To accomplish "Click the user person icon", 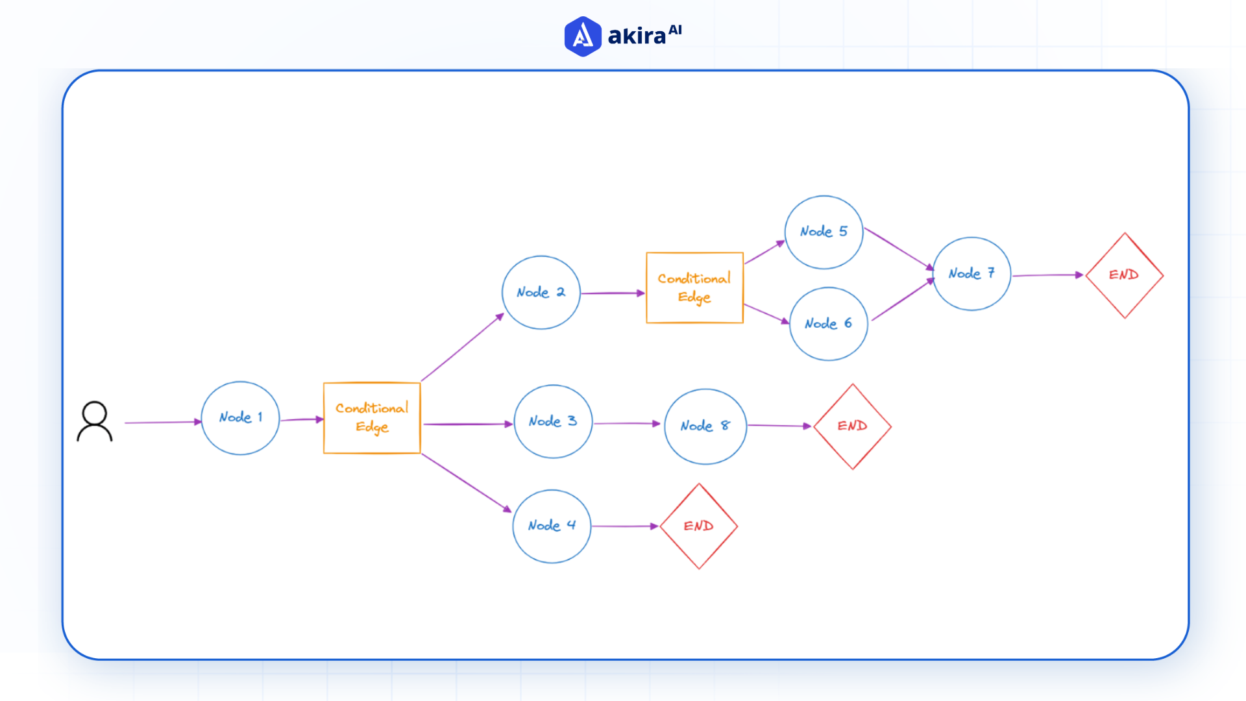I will point(95,422).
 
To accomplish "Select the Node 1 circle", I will point(240,418).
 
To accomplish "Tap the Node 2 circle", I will point(541,293).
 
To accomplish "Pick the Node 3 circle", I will point(553,422).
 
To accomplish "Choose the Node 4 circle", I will point(552,526).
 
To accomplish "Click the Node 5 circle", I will point(824,232).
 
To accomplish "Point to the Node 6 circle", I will point(829,324).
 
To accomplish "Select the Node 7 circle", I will point(971,274).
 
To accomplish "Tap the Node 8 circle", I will point(705,426).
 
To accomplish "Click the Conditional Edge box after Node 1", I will point(372,418).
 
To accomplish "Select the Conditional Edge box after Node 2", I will point(694,288).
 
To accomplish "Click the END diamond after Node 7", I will point(1124,275).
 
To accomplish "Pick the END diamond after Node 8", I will point(852,426).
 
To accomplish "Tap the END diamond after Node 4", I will point(698,526).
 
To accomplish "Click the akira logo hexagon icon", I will point(582,36).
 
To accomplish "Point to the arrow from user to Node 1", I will point(162,423).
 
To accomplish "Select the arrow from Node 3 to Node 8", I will point(626,424).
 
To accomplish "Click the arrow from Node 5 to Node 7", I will point(898,248).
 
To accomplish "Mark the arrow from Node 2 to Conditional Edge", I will point(612,293).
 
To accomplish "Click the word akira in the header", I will point(637,36).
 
